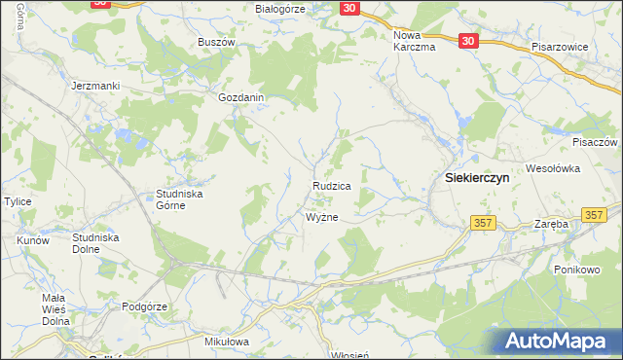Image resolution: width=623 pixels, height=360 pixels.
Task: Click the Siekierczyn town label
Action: coord(478,179)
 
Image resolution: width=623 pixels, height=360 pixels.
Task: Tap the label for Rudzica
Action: coord(331,185)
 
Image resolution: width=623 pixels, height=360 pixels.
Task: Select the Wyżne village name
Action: coord(322,217)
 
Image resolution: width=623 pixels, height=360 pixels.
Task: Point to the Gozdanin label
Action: coord(242,98)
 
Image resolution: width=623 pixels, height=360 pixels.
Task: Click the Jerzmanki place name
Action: coord(95,86)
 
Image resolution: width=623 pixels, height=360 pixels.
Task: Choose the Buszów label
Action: coord(217,42)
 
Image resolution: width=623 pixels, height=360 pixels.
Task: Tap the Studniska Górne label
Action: coord(179,199)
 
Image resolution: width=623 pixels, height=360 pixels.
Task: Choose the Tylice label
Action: coord(18,201)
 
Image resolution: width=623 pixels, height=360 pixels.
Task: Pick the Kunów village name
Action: coord(33,239)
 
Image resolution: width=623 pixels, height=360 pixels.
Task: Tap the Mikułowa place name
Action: coord(228,342)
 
